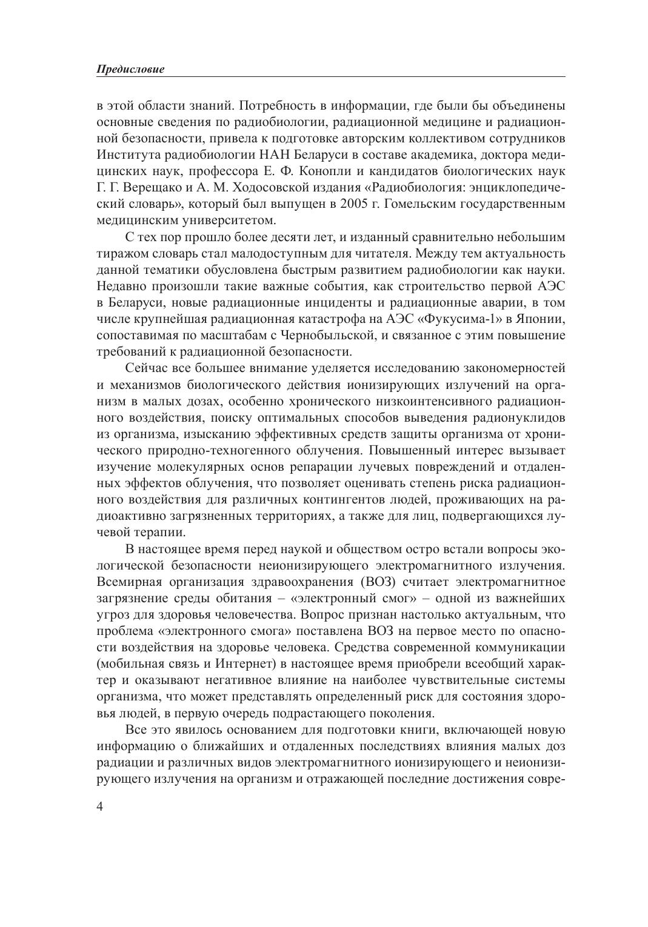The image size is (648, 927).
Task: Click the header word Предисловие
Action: coord(130,70)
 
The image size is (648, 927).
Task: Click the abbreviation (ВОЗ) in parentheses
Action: coord(379,582)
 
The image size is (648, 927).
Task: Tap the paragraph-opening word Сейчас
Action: coord(145,368)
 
